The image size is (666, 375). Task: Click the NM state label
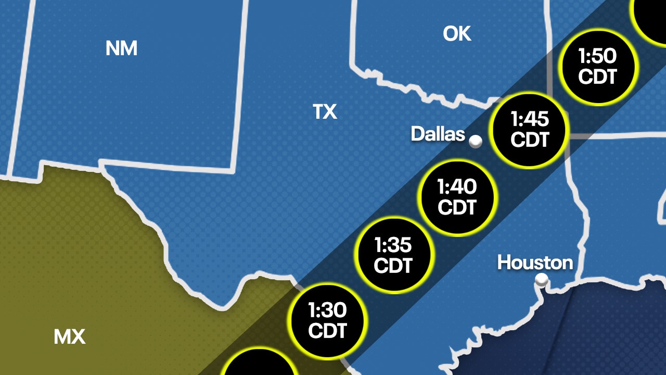click(121, 48)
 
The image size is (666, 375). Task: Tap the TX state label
click(325, 111)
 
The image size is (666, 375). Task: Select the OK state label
click(457, 34)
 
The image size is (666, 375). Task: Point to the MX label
click(69, 337)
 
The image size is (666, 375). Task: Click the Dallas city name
click(438, 134)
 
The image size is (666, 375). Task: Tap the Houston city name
click(535, 262)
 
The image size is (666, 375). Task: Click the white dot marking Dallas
click(476, 141)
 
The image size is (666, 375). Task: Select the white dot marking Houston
click(542, 280)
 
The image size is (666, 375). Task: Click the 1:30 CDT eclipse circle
click(327, 320)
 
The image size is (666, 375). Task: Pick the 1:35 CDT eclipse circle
click(393, 254)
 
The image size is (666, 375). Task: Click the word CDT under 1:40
click(457, 207)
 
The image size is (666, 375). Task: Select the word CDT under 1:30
click(327, 331)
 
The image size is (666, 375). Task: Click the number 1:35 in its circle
click(393, 244)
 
